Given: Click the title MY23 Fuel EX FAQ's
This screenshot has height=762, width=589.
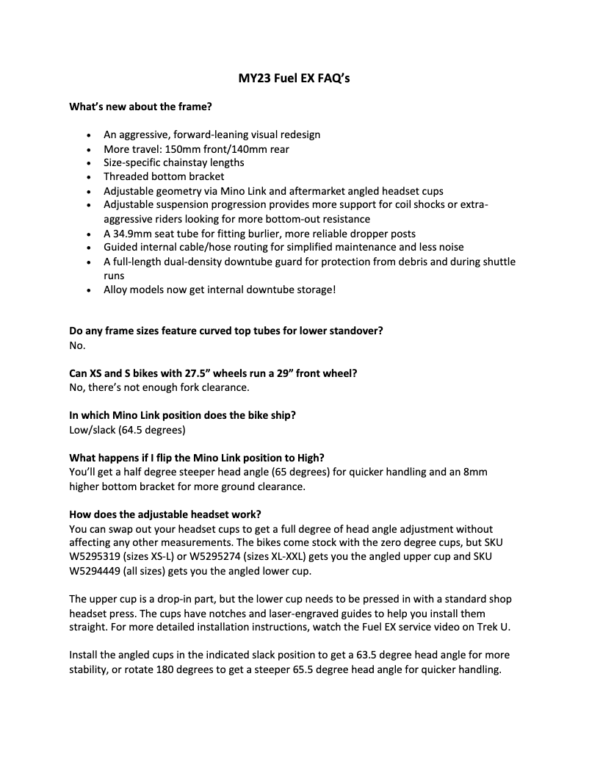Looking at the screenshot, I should coord(294,78).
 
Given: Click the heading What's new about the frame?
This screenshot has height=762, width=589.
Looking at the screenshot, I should coord(140,107).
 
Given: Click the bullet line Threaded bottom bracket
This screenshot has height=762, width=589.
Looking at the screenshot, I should coord(164,176).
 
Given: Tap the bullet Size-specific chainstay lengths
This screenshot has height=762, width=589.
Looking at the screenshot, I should coord(174,162).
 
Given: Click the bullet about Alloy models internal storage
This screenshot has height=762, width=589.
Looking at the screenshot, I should coord(220,290).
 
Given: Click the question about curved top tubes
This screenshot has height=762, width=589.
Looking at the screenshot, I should coord(225,331).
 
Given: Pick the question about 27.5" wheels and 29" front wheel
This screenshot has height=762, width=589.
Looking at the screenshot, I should coord(213,373).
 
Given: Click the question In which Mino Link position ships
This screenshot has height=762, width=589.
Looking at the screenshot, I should coord(182,415).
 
